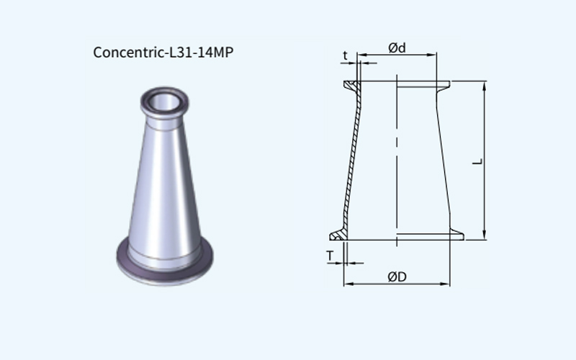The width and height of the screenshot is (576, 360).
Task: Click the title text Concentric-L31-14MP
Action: coord(163,52)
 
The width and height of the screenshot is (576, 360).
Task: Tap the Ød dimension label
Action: coord(397,48)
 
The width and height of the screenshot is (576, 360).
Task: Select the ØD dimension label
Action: coord(397,276)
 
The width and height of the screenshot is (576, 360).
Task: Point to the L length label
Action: coord(477,161)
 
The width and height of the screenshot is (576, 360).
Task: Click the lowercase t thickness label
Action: coord(345,55)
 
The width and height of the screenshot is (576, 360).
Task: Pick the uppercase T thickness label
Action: coord(330,256)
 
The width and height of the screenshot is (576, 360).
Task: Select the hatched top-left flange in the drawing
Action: coord(352,86)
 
